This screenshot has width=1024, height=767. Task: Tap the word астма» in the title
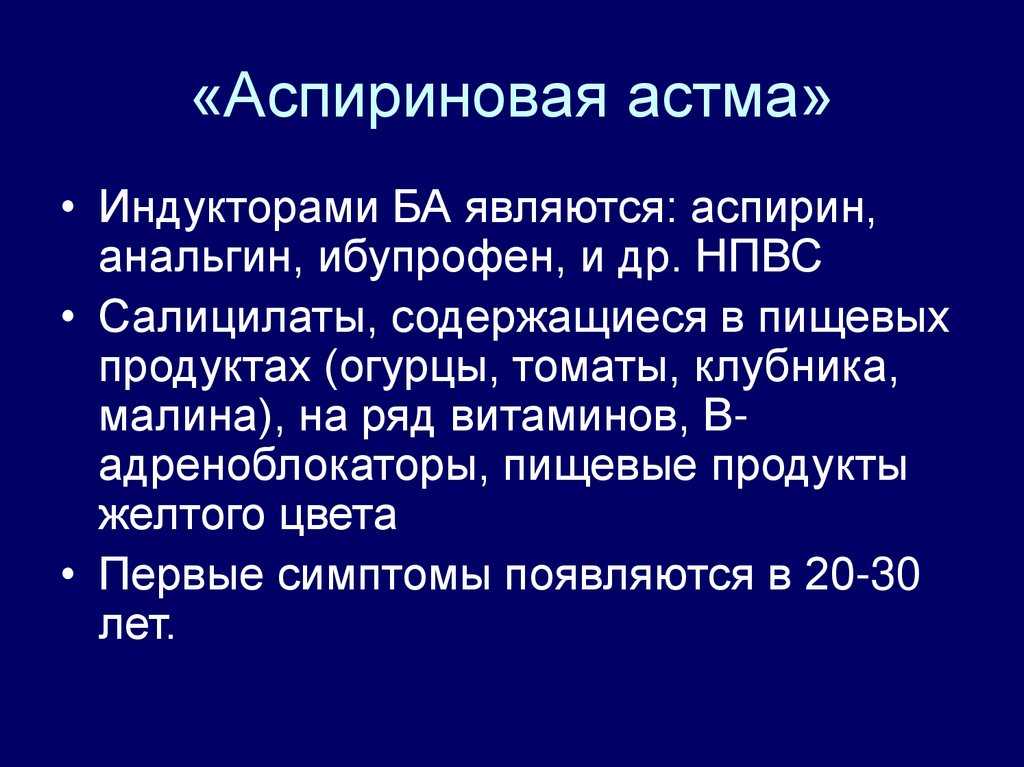pos(729,98)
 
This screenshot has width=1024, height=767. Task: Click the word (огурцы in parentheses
pos(414,370)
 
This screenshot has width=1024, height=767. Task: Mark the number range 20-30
pos(862,575)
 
